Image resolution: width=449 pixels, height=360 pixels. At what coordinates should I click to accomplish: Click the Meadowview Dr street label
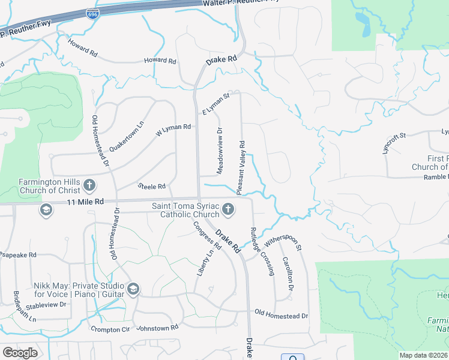(x=220, y=151)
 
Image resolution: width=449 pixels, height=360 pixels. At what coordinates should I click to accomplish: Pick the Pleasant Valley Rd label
(x=241, y=167)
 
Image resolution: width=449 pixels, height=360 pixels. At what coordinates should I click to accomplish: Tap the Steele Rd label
(x=151, y=187)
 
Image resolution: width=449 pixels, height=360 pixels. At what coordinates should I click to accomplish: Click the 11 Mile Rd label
(x=85, y=202)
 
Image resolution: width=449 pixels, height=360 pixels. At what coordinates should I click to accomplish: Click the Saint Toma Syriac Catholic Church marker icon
(x=228, y=209)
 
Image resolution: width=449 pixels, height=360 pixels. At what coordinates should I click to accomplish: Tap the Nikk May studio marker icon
(x=133, y=290)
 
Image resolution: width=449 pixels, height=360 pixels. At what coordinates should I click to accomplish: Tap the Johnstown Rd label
(x=157, y=328)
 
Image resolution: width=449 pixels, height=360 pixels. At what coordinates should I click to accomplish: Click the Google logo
(x=19, y=352)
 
